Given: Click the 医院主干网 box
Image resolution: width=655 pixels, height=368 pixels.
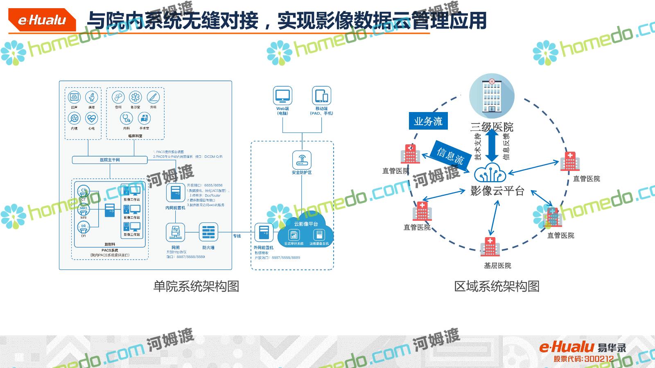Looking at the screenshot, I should pyautogui.click(x=110, y=160).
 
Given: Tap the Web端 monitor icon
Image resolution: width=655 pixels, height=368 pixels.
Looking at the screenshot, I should pyautogui.click(x=282, y=96).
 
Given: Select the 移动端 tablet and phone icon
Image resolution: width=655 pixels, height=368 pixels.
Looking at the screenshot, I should pyautogui.click(x=321, y=96).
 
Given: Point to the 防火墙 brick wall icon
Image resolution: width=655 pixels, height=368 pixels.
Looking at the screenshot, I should pyautogui.click(x=208, y=233).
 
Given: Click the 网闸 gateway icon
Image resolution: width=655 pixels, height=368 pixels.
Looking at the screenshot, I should pyautogui.click(x=176, y=233).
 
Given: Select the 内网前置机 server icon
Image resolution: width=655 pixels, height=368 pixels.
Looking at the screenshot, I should pyautogui.click(x=176, y=193).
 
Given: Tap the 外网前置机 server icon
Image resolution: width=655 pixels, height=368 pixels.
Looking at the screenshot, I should pyautogui.click(x=264, y=233).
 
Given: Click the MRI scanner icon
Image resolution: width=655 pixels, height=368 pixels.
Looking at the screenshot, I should pyautogui.click(x=84, y=210).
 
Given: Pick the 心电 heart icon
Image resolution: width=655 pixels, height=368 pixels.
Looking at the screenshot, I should pyautogui.click(x=91, y=119).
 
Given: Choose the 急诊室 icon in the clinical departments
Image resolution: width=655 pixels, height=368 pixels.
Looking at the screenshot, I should pyautogui.click(x=135, y=97).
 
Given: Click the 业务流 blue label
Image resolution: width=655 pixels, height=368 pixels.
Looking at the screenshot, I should pyautogui.click(x=428, y=121).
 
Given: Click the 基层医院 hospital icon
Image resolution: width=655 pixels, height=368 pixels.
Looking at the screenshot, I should pyautogui.click(x=490, y=246).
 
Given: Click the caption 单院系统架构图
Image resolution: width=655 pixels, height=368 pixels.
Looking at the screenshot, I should pyautogui.click(x=196, y=286).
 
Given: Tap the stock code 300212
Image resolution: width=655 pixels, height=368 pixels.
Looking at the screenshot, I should pyautogui.click(x=599, y=359).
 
